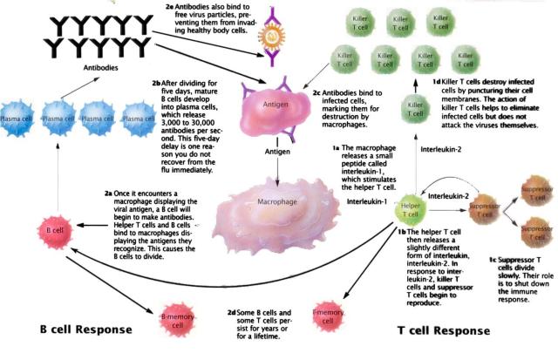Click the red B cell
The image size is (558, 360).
pyautogui.click(x=48, y=232)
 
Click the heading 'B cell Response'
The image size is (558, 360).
pyautogui.click(x=73, y=331)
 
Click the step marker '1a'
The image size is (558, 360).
pyautogui.click(x=336, y=149)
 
